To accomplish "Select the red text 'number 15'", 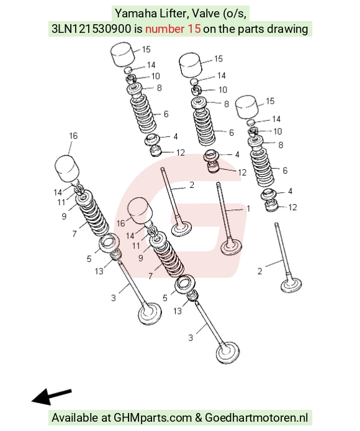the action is point(173,29).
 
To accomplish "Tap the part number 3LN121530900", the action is point(91,29).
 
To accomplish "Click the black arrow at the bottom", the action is point(52,397).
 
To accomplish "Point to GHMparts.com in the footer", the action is point(153,418).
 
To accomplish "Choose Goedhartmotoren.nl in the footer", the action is point(256,418).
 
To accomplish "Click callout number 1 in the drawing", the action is point(248,208).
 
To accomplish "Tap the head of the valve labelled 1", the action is point(232,247).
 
